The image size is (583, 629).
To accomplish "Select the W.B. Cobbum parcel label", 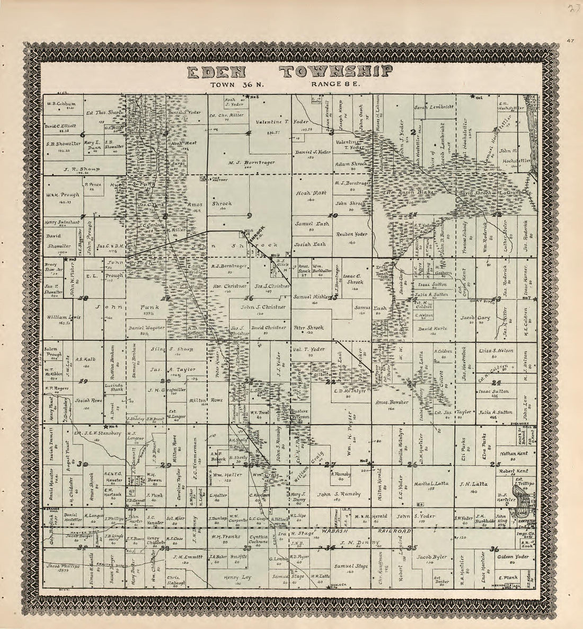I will tap(62, 104).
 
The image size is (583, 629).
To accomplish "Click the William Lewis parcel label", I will tap(63, 317).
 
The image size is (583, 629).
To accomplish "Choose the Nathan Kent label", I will tap(511, 453).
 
